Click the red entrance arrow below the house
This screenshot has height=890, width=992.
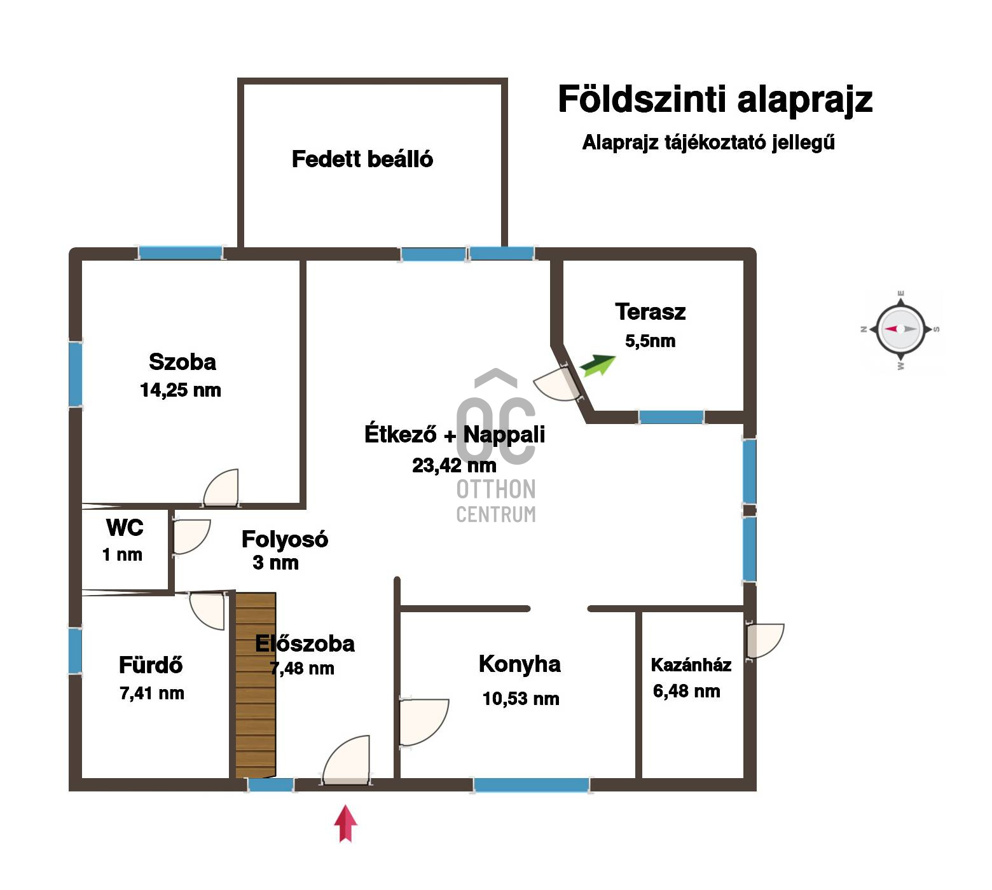tap(345, 823)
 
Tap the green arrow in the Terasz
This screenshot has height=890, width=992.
tap(598, 366)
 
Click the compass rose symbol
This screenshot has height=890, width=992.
tap(900, 329)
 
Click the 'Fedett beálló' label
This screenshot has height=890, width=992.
tap(362, 159)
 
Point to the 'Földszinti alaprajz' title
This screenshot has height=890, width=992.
tap(715, 99)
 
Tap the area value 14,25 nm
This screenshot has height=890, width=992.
tap(181, 390)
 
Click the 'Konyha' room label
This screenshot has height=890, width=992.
tap(520, 664)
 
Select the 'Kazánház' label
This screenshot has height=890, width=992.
tap(691, 665)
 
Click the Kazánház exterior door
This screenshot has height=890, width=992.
tap(765, 640)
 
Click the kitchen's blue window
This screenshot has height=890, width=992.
tap(532, 785)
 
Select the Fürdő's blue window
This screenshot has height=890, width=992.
tap(75, 650)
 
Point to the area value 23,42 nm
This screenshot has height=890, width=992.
tap(454, 465)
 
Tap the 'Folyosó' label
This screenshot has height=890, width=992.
tap(285, 539)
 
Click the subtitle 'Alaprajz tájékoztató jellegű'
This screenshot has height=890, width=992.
tap(708, 142)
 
